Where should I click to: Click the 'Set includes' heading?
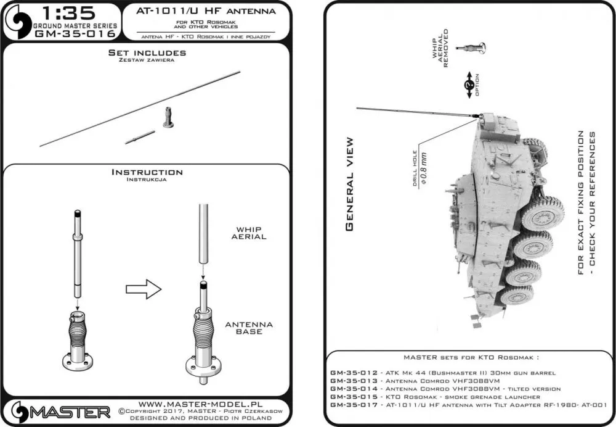pos(147,53)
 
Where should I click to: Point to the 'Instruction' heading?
pos(147,172)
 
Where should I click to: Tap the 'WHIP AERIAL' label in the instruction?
pos(251,233)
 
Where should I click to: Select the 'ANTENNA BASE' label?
pos(249,328)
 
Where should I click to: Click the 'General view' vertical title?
pos(349,184)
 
